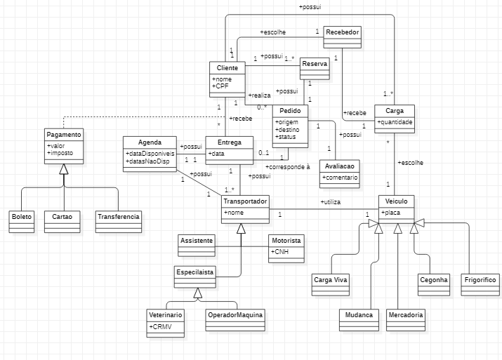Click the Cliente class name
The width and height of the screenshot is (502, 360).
pyautogui.click(x=227, y=68)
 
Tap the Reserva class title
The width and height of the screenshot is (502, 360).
pyautogui.click(x=315, y=64)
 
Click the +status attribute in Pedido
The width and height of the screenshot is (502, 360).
pyautogui.click(x=286, y=136)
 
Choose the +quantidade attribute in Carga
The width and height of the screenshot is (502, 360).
pyautogui.click(x=395, y=122)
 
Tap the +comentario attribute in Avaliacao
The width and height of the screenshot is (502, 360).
pyautogui.click(x=341, y=178)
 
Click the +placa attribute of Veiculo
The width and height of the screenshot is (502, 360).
pyautogui.click(x=392, y=213)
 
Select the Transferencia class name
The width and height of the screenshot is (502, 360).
pyautogui.click(x=118, y=217)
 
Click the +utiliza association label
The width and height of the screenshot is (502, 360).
pyautogui.click(x=331, y=202)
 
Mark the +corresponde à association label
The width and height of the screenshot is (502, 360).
pyautogui.click(x=288, y=168)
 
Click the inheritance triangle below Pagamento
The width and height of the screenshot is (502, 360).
pyautogui.click(x=63, y=168)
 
